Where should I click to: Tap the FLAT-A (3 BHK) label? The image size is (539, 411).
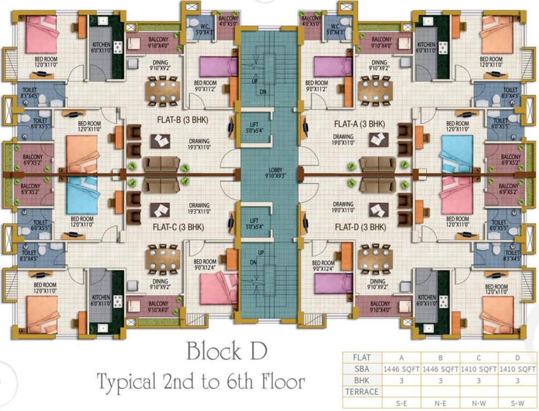pos(360,124)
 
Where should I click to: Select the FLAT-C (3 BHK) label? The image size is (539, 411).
pos(179,227)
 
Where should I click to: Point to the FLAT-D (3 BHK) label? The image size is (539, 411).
pos(360,227)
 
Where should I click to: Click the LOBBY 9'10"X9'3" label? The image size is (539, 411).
pos(269,172)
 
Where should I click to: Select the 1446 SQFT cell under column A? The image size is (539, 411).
pos(401,369)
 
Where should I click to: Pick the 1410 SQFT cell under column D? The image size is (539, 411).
pos(518,369)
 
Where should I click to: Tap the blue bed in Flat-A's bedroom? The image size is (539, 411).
pos(457,151)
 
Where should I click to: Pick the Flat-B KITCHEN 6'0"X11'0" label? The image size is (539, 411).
pos(101,48)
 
